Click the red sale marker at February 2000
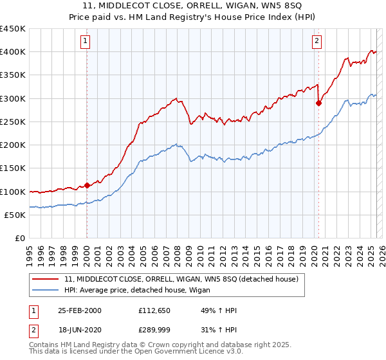coord(87,186)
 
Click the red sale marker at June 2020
coord(318,103)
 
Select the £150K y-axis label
coord(13,168)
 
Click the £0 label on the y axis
coord(20,239)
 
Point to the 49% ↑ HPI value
coord(205,310)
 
